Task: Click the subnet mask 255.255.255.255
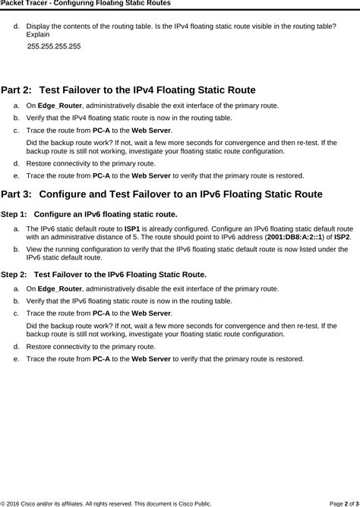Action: click(x=53, y=46)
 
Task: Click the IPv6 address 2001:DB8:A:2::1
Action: click(x=295, y=237)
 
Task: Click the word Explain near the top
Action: click(x=38, y=35)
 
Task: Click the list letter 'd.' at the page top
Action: click(x=17, y=26)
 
